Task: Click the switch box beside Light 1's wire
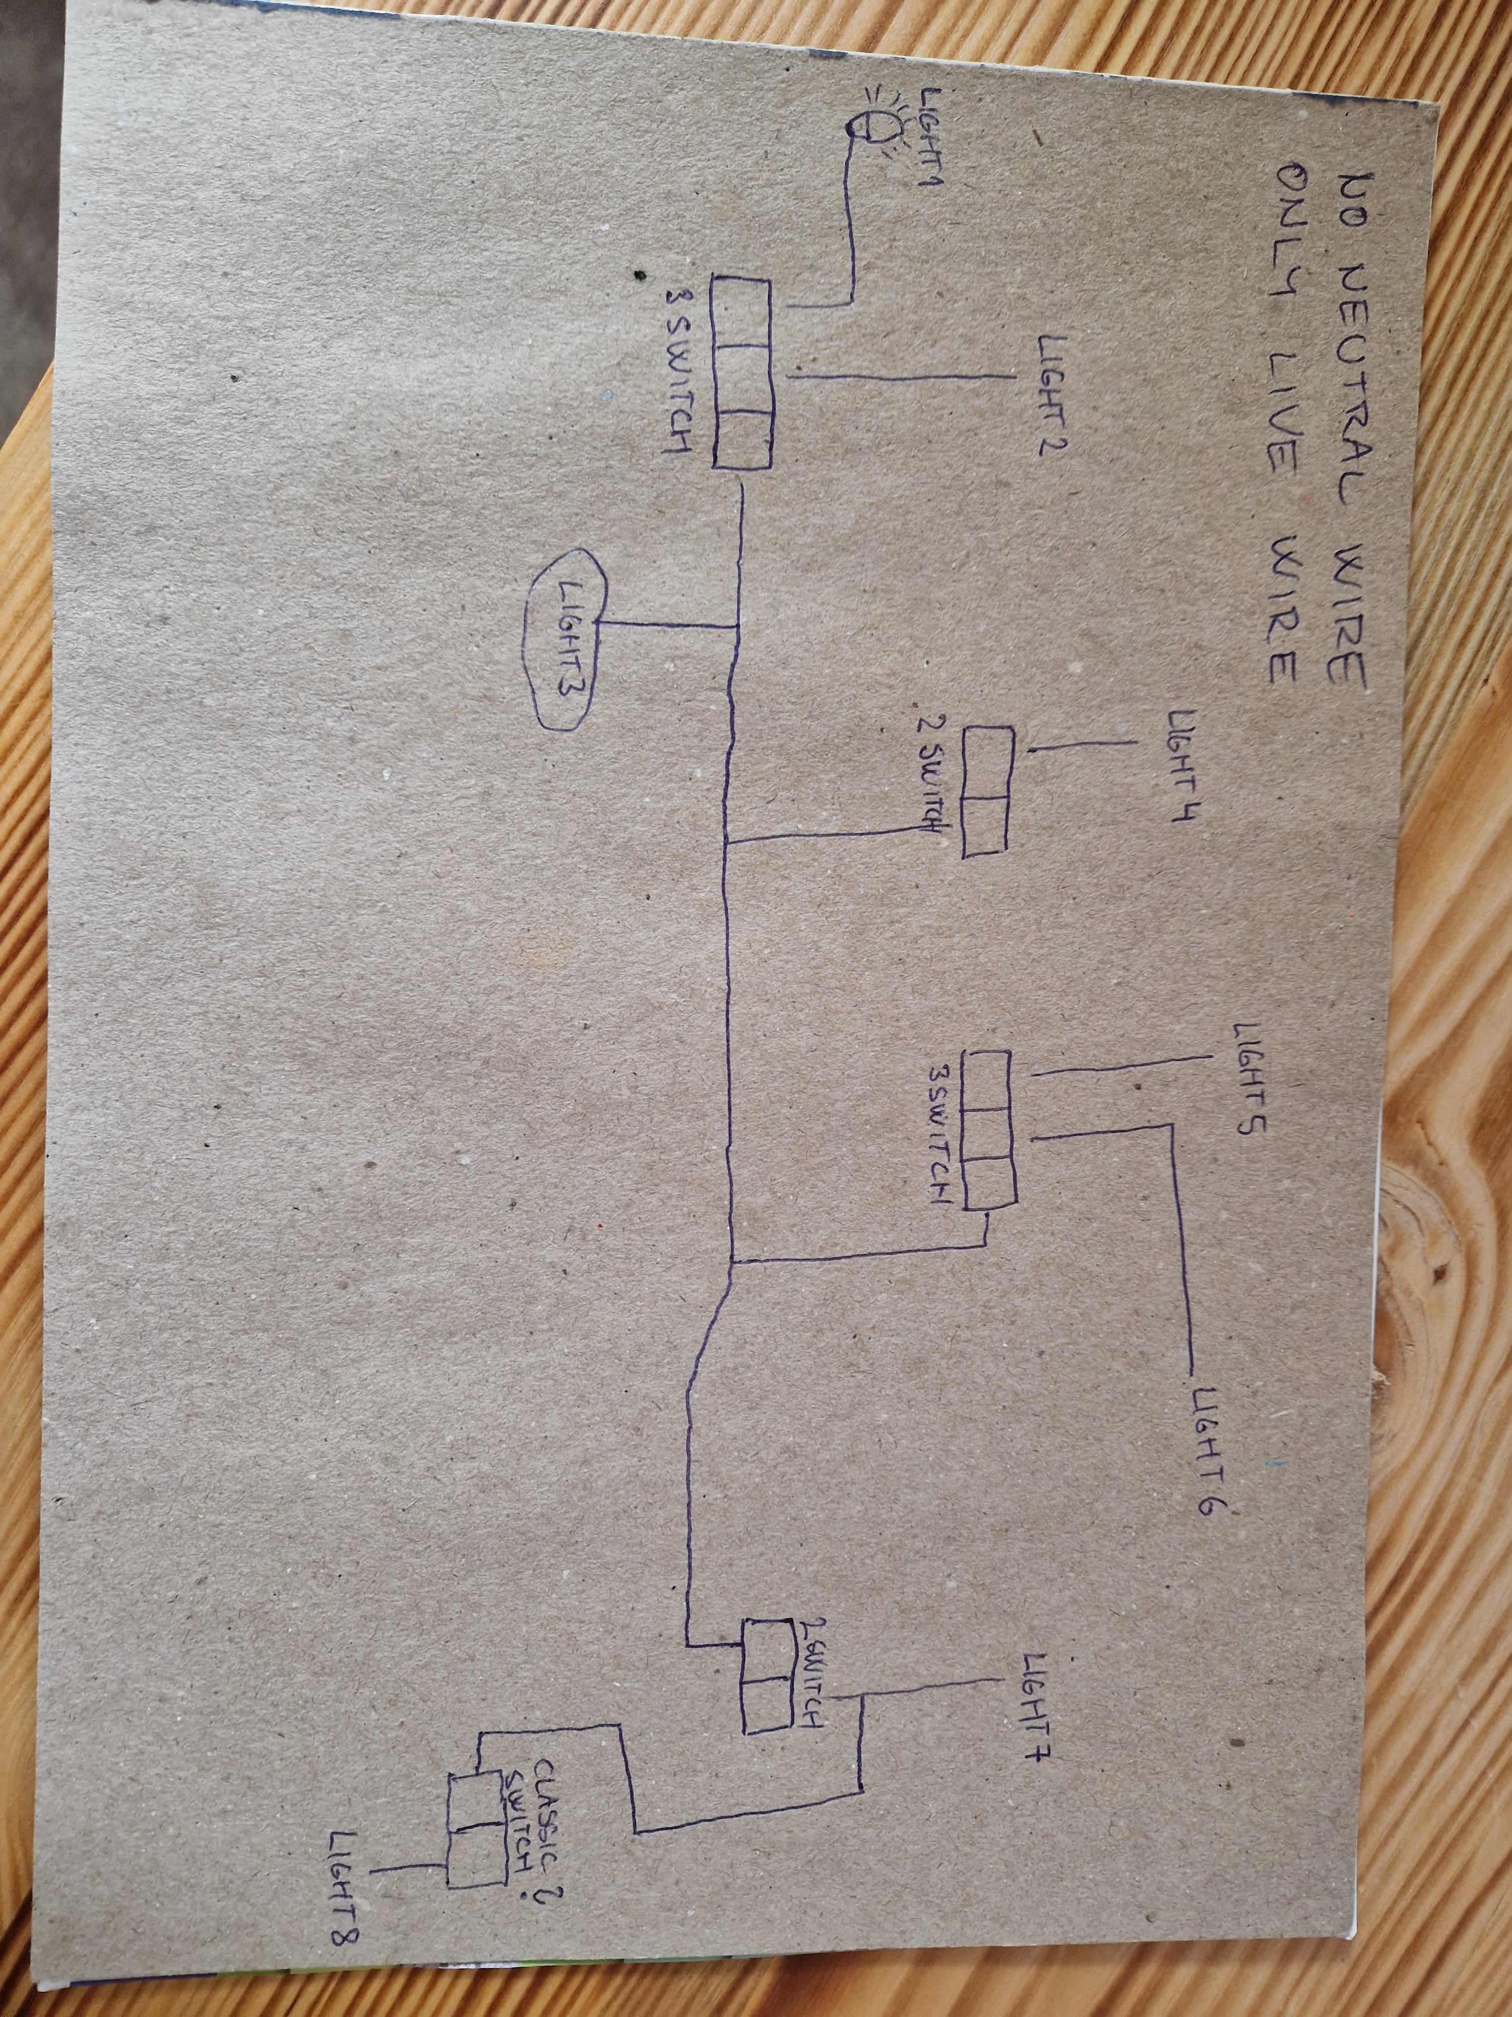pyautogui.click(x=740, y=374)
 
